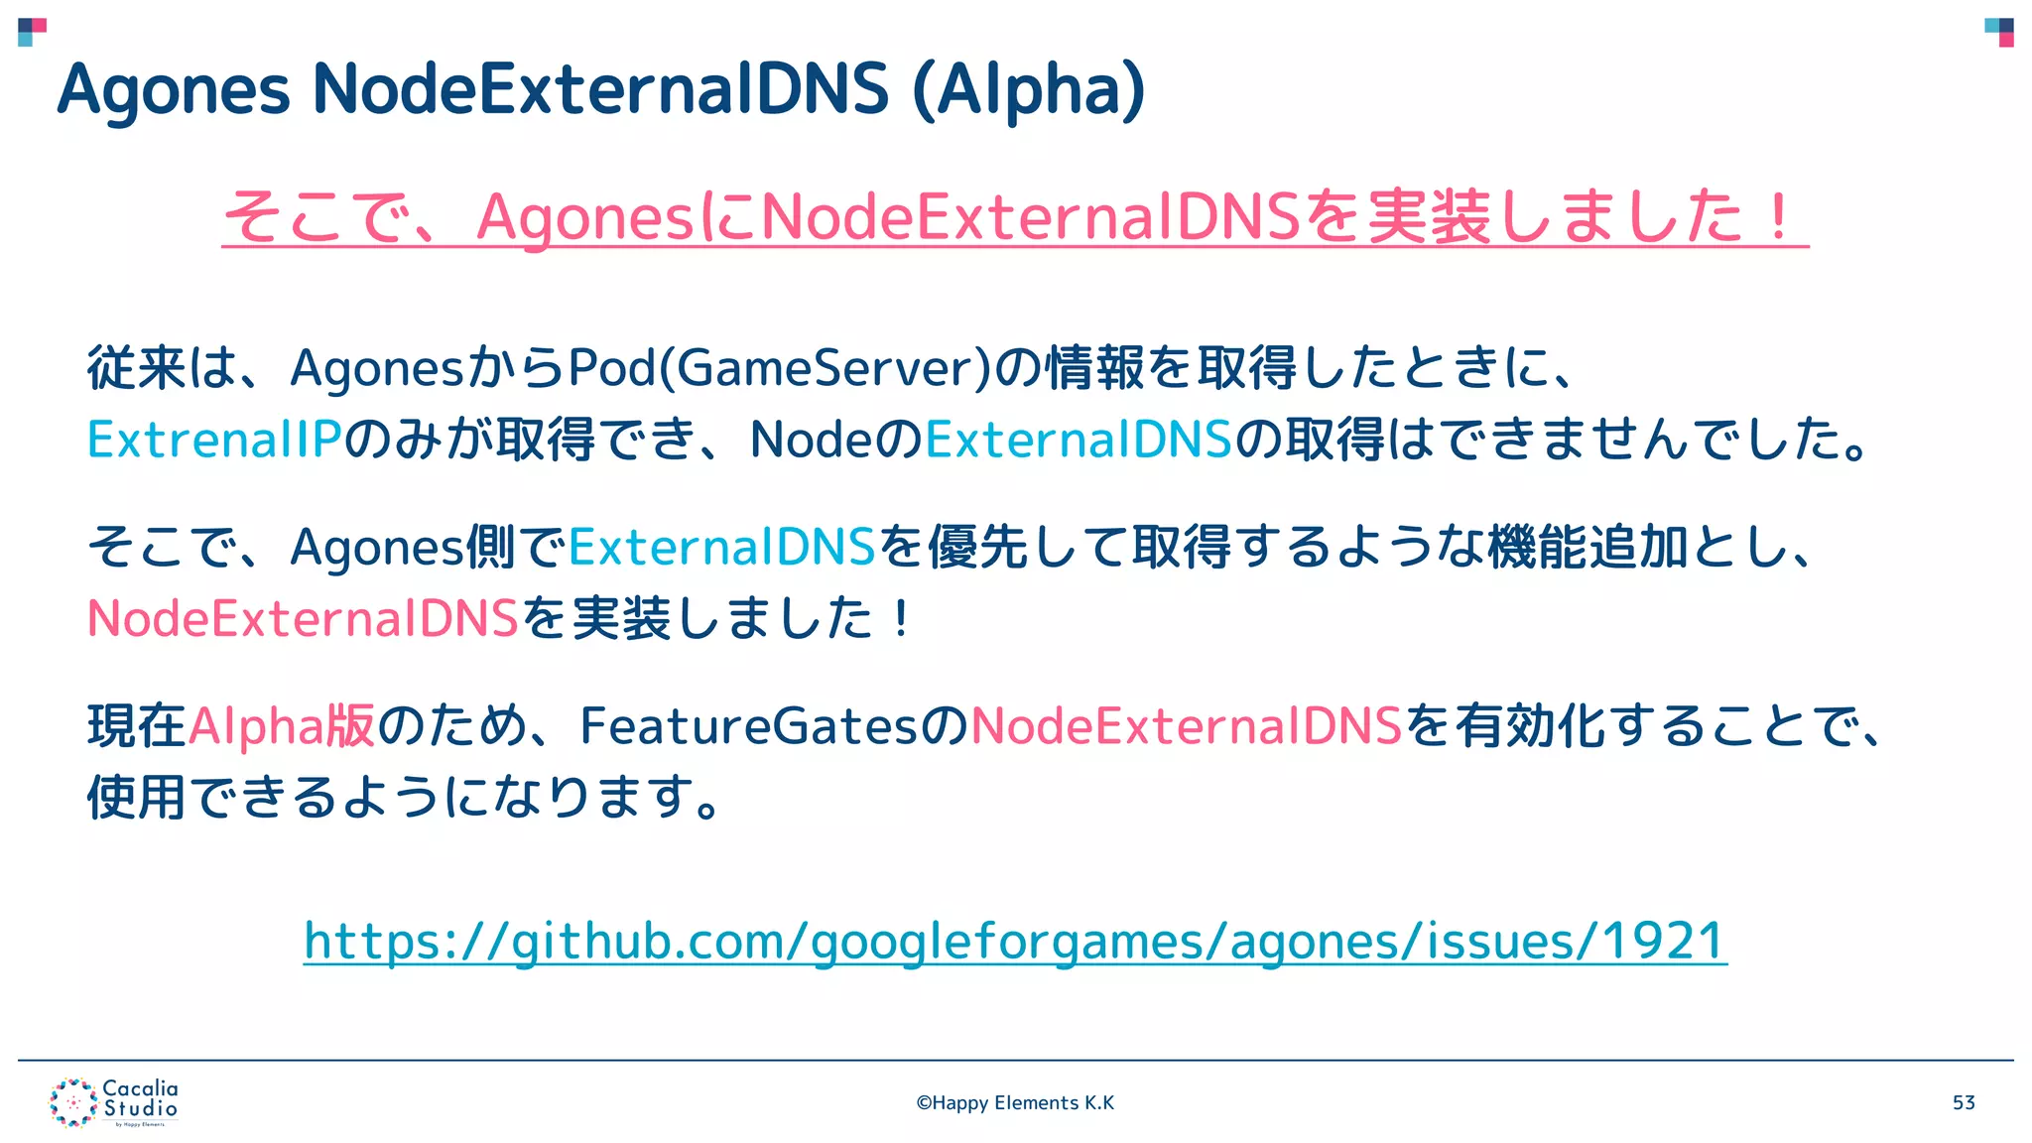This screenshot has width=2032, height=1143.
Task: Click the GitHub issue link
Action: pos(1015,941)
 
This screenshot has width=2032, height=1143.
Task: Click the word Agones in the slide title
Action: pos(174,90)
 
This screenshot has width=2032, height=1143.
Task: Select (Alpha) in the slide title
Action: pos(1028,90)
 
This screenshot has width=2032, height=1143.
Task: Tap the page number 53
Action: pos(1964,1102)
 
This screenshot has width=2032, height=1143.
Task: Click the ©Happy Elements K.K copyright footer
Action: pos(1015,1102)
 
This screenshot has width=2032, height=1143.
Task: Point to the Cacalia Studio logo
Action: pos(113,1102)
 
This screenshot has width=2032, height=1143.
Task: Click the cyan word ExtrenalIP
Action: pos(214,439)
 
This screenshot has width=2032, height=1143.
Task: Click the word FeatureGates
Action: pos(750,725)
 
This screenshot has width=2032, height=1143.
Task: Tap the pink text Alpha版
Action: pos(282,725)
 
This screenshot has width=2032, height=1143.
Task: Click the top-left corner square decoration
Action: pos(32,32)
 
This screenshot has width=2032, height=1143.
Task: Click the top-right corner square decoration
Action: pos(1999,32)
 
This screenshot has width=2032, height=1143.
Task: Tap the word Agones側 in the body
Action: pos(403,547)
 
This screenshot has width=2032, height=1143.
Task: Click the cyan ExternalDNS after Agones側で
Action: pos(722,547)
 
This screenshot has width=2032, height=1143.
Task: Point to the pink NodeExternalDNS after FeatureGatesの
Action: pos(1187,725)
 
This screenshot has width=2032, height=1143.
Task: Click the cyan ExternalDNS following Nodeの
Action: pos(1079,439)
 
